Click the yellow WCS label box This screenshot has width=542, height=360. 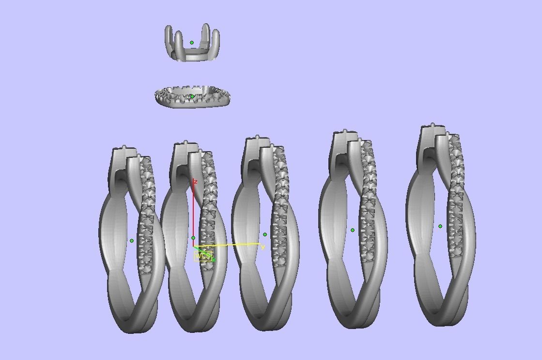click(202, 256)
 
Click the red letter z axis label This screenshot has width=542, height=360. click(195, 182)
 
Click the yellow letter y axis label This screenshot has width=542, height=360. click(263, 248)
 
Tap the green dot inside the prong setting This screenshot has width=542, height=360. click(192, 43)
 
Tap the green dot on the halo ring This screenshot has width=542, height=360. click(192, 96)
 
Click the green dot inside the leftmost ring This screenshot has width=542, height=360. click(132, 240)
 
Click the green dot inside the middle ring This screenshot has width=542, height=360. click(265, 235)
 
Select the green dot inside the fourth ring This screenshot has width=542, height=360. click(353, 230)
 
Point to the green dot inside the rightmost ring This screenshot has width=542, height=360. click(440, 226)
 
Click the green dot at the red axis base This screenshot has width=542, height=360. click(193, 238)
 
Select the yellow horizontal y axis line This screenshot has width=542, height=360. click(232, 245)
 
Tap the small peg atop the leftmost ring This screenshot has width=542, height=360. click(125, 147)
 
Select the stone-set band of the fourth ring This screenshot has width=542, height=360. click(368, 203)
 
